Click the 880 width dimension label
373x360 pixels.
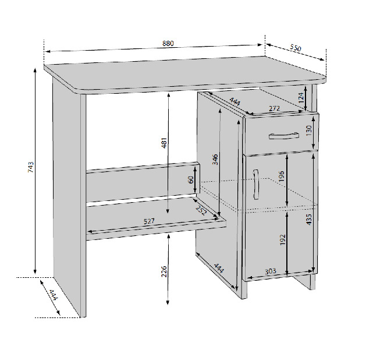click(x=168, y=43)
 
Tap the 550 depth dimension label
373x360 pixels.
click(x=296, y=48)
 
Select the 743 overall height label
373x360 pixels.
click(x=31, y=167)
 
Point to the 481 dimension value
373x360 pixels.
click(x=164, y=143)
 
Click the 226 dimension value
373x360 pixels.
click(x=164, y=271)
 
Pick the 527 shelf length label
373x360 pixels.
click(x=150, y=221)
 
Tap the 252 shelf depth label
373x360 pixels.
click(x=201, y=210)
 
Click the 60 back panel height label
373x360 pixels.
click(x=191, y=180)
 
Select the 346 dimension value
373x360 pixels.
click(x=215, y=160)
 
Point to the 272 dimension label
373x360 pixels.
click(x=274, y=108)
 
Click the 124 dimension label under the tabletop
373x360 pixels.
click(x=301, y=97)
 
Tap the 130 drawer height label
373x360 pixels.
click(x=309, y=130)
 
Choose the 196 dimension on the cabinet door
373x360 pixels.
click(x=282, y=176)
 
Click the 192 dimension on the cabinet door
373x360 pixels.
click(x=283, y=240)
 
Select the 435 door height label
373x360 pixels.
click(x=309, y=219)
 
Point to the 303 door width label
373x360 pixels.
click(x=271, y=271)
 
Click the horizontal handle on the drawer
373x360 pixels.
click(x=284, y=136)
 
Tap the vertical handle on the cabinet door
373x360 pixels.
click(x=255, y=184)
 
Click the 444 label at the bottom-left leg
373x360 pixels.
click(x=54, y=295)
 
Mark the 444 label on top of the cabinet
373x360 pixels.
click(x=235, y=102)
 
